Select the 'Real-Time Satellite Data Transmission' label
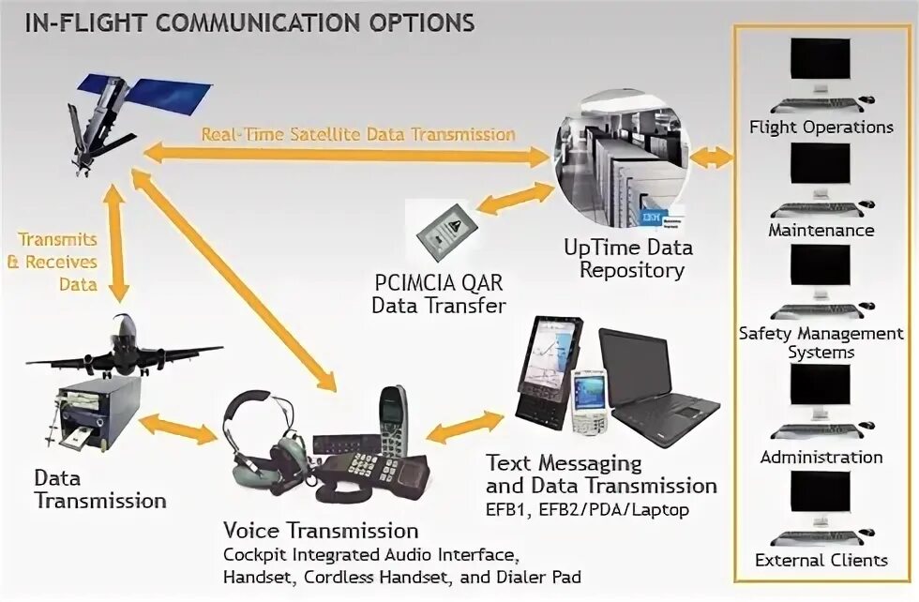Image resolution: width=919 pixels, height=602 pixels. pos(358,134)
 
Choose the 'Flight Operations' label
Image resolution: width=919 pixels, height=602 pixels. pos(821,127)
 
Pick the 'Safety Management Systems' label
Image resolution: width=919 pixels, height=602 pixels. pos(821,342)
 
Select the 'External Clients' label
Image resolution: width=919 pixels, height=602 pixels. pos(821,561)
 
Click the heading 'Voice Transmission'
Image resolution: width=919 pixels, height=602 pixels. pos(321,530)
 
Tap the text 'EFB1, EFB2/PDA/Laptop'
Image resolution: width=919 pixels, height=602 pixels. pos(587,510)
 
